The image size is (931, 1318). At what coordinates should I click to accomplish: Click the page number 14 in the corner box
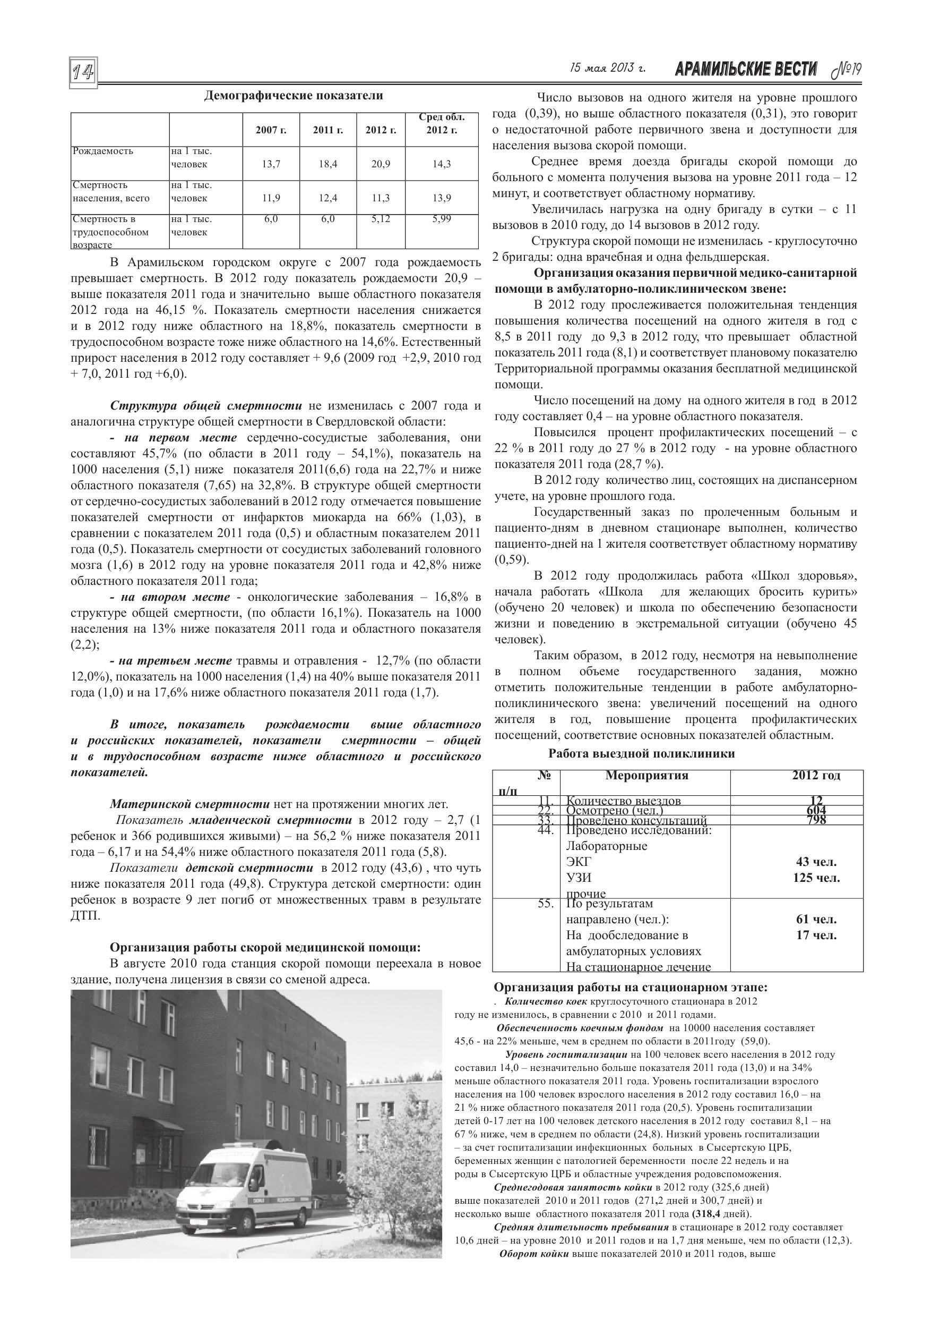click(x=83, y=73)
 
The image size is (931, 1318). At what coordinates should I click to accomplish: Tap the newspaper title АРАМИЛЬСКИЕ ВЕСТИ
click(x=746, y=70)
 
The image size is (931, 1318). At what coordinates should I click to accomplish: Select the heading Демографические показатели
click(x=293, y=95)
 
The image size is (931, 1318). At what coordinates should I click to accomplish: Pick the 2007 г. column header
click(x=271, y=130)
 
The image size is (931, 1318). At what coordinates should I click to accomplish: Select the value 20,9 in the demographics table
click(x=381, y=164)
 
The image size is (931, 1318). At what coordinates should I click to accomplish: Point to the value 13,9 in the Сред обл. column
click(x=441, y=198)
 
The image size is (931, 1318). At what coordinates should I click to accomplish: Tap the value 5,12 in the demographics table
click(x=381, y=219)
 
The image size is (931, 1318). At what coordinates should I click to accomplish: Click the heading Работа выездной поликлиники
click(x=641, y=754)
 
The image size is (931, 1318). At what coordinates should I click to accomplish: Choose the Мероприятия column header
click(x=646, y=776)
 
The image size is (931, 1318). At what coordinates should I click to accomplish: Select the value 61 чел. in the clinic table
click(x=816, y=919)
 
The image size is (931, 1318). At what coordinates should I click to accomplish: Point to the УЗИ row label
click(x=578, y=878)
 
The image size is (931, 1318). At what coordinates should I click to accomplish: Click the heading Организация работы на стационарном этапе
click(x=631, y=988)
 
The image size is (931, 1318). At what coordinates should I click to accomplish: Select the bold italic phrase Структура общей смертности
click(x=206, y=406)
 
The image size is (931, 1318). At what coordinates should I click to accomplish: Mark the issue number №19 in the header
click(x=846, y=70)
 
